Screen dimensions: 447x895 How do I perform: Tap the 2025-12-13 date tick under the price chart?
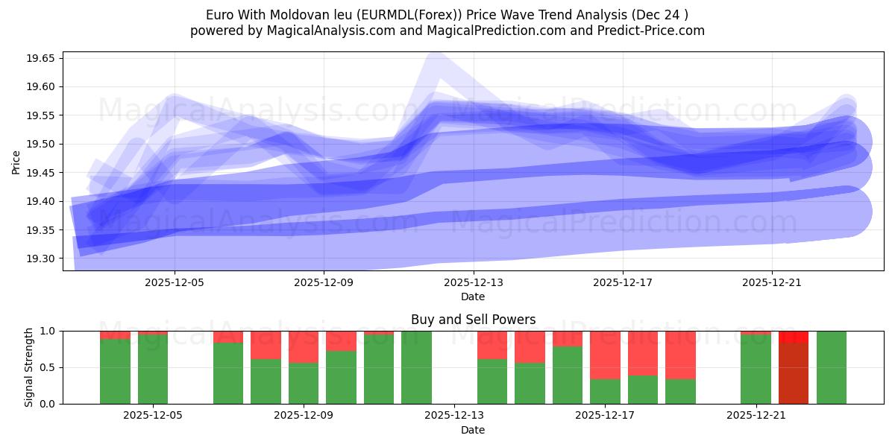tap(473, 283)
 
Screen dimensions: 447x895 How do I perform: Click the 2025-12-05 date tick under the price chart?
tap(175, 283)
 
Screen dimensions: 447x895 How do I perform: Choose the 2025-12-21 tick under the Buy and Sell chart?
tap(756, 416)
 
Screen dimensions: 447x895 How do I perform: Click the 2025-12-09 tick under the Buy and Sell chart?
tap(304, 416)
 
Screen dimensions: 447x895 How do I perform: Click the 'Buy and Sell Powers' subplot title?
tap(473, 320)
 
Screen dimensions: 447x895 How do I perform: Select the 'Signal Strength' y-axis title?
tap(28, 367)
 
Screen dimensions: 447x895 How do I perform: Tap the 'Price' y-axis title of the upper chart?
tap(16, 162)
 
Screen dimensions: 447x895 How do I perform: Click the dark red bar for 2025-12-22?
tap(794, 372)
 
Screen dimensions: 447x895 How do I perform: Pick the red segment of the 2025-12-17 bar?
tap(605, 355)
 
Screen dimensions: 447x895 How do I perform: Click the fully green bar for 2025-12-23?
tap(832, 367)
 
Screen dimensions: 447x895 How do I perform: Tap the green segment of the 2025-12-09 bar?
tap(304, 383)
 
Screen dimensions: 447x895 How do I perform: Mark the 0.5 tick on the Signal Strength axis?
tap(49, 367)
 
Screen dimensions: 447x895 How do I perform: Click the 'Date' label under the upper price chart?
tap(473, 297)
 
